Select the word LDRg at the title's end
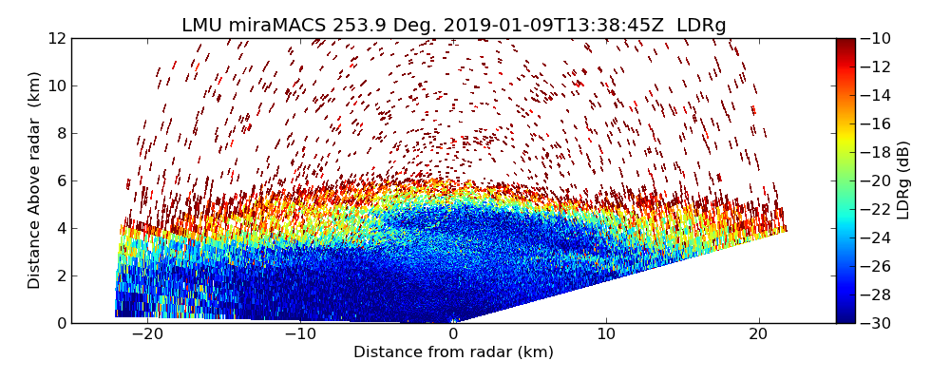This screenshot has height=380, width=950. [702, 26]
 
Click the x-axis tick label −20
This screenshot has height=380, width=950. [147, 334]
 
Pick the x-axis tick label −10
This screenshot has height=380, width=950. [300, 334]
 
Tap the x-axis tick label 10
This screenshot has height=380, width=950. [606, 334]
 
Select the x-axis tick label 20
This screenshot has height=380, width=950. [759, 334]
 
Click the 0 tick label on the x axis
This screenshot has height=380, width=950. [453, 334]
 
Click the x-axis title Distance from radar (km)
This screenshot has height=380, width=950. [453, 352]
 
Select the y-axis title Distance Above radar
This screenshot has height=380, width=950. [35, 180]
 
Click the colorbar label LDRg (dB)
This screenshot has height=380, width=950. [903, 180]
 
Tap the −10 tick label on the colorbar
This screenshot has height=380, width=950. [879, 38]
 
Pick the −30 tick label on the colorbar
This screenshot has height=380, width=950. [879, 323]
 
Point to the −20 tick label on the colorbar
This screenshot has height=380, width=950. [879, 180]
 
